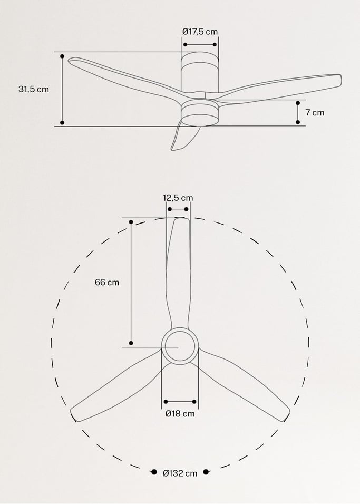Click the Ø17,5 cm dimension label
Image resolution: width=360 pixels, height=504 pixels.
pyautogui.click(x=200, y=32)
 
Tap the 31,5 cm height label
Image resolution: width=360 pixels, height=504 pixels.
pyautogui.click(x=34, y=89)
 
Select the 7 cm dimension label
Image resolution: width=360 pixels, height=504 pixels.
pyautogui.click(x=315, y=112)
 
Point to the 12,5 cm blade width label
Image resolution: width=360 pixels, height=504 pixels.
pyautogui.click(x=178, y=198)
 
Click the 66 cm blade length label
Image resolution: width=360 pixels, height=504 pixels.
pyautogui.click(x=107, y=282)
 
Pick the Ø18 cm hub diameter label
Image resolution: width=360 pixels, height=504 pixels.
pyautogui.click(x=180, y=414)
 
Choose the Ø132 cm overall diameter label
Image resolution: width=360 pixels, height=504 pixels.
pyautogui.click(x=180, y=473)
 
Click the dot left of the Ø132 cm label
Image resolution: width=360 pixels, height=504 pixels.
pyautogui.click(x=154, y=472)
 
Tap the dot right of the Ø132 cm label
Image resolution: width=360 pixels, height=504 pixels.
pyautogui.click(x=206, y=472)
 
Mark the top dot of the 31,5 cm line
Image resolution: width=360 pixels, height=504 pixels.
pyautogui.click(x=62, y=55)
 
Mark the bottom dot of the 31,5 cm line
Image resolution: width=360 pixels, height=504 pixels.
pyautogui.click(x=62, y=123)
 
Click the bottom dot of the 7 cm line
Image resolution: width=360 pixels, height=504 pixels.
pyautogui.click(x=298, y=122)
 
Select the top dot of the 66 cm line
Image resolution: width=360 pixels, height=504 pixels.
pyautogui.click(x=131, y=222)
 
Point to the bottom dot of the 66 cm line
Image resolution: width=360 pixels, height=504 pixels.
pyautogui.click(x=131, y=343)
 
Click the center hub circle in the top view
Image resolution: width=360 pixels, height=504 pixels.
pyautogui.click(x=179, y=346)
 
